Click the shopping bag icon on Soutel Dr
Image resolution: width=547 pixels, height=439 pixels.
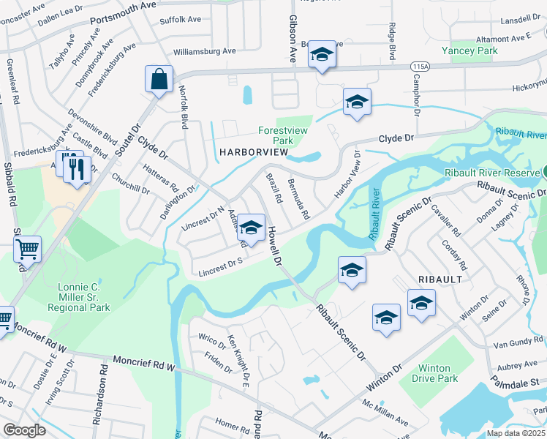(159, 79)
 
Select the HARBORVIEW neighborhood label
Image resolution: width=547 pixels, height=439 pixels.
(246, 151)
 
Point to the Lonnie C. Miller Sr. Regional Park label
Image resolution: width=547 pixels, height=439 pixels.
(85, 297)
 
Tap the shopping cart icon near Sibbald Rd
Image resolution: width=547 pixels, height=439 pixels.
(28, 249)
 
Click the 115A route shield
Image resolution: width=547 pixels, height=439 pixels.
(420, 67)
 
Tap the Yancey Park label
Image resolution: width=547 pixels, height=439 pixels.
(469, 50)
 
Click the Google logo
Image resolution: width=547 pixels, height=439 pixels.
(24, 430)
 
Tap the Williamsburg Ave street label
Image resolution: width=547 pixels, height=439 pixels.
(204, 51)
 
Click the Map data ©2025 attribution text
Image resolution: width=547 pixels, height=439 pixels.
(515, 433)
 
